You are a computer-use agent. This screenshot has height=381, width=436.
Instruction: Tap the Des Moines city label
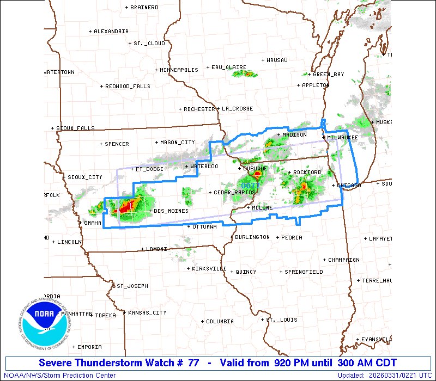pyautogui.click(x=171, y=211)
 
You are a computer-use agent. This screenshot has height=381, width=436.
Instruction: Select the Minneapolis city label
pyautogui.click(x=179, y=70)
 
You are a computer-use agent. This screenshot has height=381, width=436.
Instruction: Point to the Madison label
pyautogui.click(x=294, y=134)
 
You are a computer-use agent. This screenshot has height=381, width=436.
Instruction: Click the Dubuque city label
pyautogui.click(x=255, y=169)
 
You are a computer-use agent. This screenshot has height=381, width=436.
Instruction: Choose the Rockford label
pyautogui.click(x=307, y=172)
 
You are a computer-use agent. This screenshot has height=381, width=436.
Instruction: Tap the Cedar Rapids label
pyautogui.click(x=234, y=192)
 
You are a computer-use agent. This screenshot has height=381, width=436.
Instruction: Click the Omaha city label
pyautogui.click(x=93, y=223)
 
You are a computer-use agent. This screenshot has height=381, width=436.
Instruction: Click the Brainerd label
pyautogui.click(x=144, y=7)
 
